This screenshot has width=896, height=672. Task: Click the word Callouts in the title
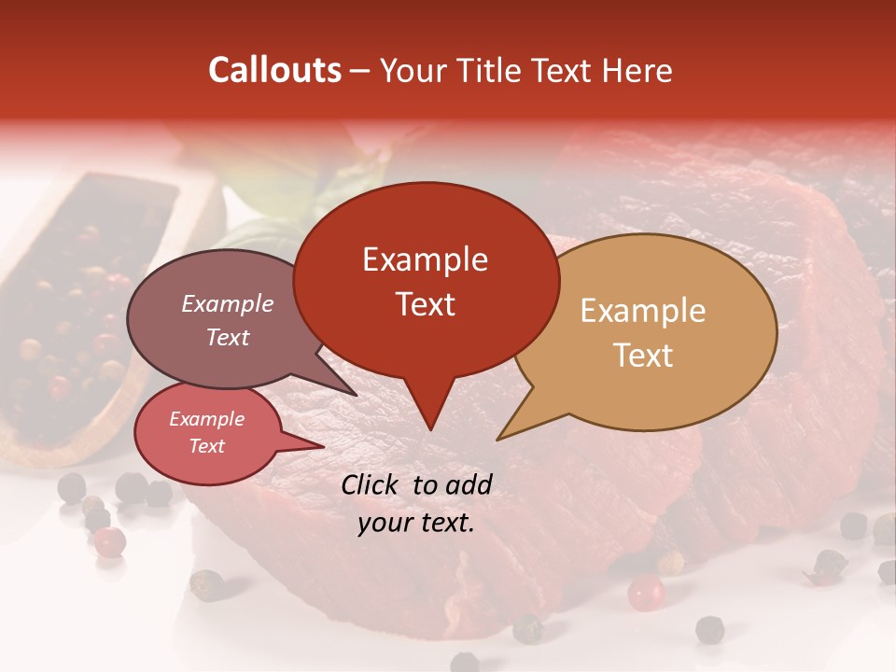pyautogui.click(x=274, y=70)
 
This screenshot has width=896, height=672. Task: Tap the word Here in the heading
pyautogui.click(x=637, y=70)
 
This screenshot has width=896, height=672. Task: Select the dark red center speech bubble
pyautogui.click(x=425, y=280)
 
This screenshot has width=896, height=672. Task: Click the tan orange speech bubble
pyautogui.click(x=653, y=331)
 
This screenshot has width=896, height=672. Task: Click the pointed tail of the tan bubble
pyautogui.click(x=501, y=437)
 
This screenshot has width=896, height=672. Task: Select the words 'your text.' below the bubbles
pyautogui.click(x=416, y=523)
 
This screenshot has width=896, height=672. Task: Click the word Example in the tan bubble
pyautogui.click(x=643, y=311)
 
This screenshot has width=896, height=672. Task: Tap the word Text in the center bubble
pyautogui.click(x=425, y=304)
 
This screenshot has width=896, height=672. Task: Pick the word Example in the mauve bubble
pyautogui.click(x=228, y=304)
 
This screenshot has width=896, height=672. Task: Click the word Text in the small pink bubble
pyautogui.click(x=207, y=446)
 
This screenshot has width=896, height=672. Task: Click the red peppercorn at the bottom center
pyautogui.click(x=645, y=592)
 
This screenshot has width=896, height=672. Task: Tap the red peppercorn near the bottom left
pyautogui.click(x=110, y=540)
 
